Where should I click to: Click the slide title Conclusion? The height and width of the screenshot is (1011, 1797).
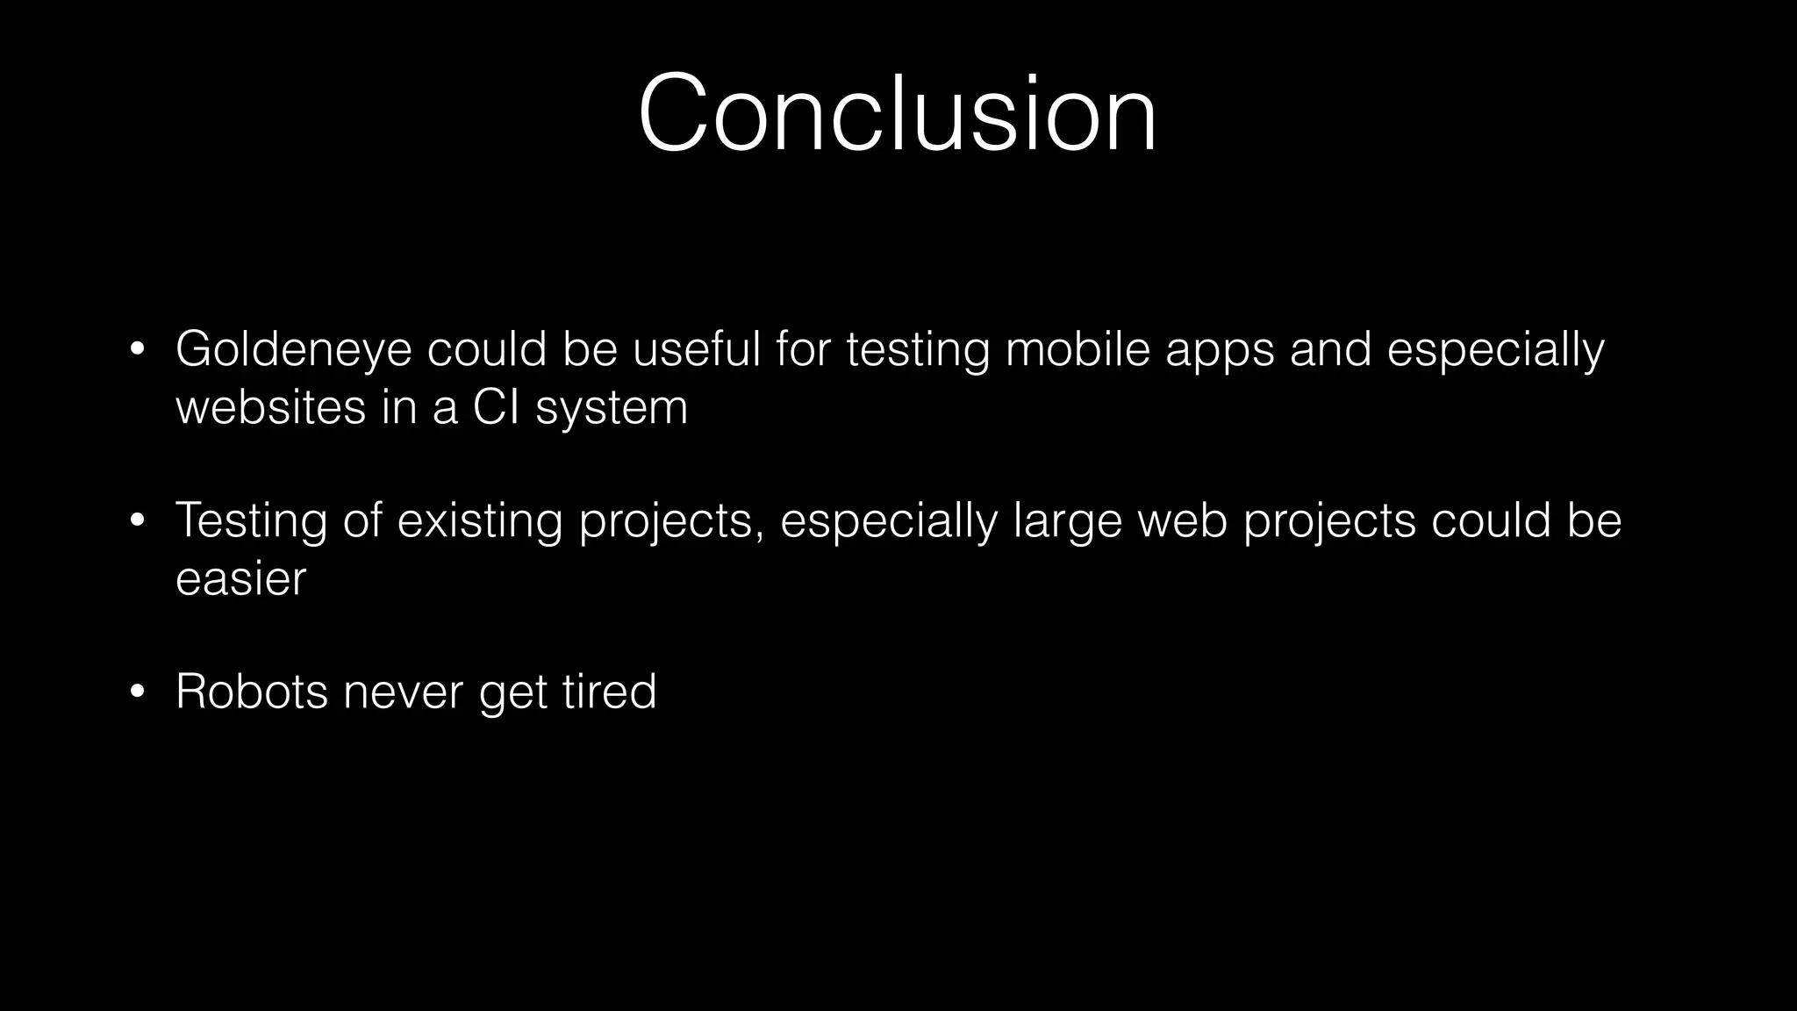click(897, 115)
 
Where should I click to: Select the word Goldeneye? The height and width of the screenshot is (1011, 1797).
click(293, 349)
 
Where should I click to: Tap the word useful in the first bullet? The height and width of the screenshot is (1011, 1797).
click(696, 349)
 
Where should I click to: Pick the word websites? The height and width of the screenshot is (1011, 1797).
click(270, 407)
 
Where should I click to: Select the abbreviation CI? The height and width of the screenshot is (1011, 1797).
click(496, 407)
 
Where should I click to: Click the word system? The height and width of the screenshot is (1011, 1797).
click(612, 409)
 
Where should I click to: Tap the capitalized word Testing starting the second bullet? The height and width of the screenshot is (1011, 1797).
click(251, 520)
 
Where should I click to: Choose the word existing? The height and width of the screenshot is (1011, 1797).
click(479, 520)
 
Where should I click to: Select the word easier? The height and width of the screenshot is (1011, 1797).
click(240, 579)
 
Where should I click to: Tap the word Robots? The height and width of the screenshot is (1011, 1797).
click(251, 692)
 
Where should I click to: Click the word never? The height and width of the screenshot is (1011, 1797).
click(403, 692)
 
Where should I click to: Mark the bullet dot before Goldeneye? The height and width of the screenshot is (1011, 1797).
click(136, 350)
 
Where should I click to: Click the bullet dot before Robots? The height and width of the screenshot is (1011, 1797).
click(136, 692)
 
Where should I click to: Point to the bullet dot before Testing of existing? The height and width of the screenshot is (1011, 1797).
click(136, 521)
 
